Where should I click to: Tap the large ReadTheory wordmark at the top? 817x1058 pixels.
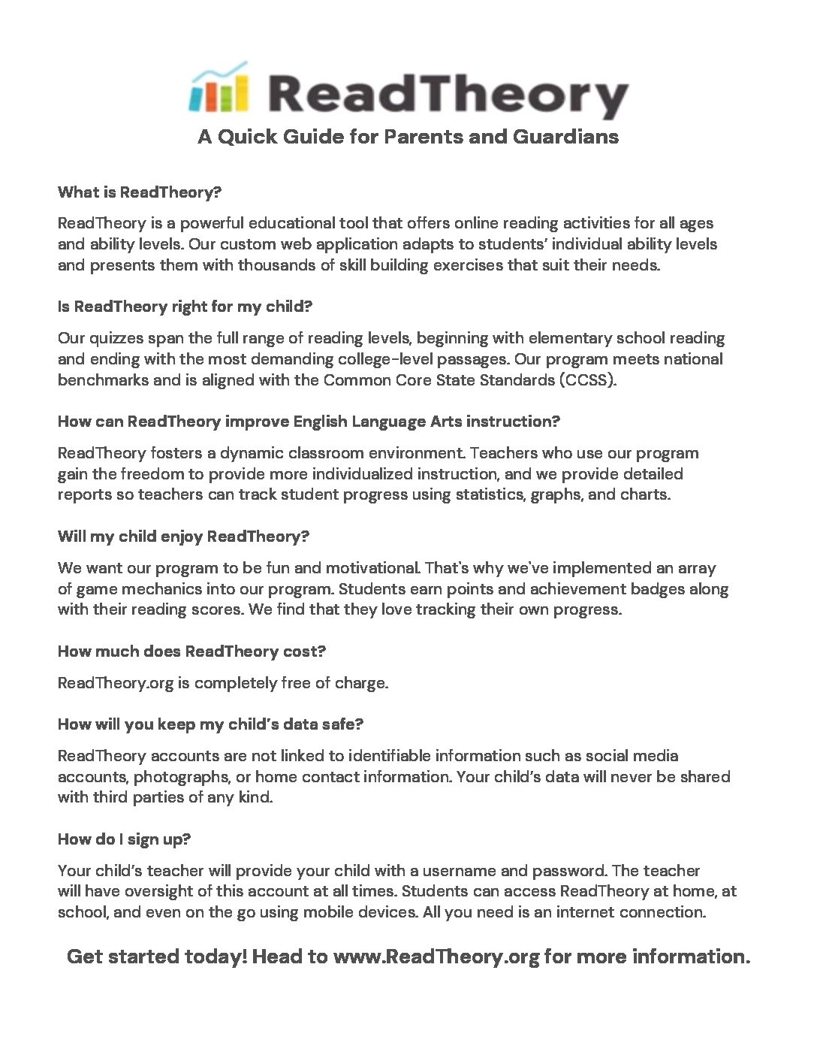coord(447,95)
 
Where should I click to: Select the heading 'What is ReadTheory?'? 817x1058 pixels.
coord(140,192)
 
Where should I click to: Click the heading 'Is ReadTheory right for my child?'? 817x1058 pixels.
coord(185,307)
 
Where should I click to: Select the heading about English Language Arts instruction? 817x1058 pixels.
coord(309,422)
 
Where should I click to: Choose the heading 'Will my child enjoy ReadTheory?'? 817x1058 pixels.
coord(183,537)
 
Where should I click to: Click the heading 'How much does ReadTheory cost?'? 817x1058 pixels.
coord(191,651)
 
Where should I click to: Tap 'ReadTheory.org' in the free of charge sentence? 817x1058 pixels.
coord(116,684)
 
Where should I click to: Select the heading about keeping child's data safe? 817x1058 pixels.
coord(210,724)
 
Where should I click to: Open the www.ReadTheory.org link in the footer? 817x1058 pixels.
coord(436,957)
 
